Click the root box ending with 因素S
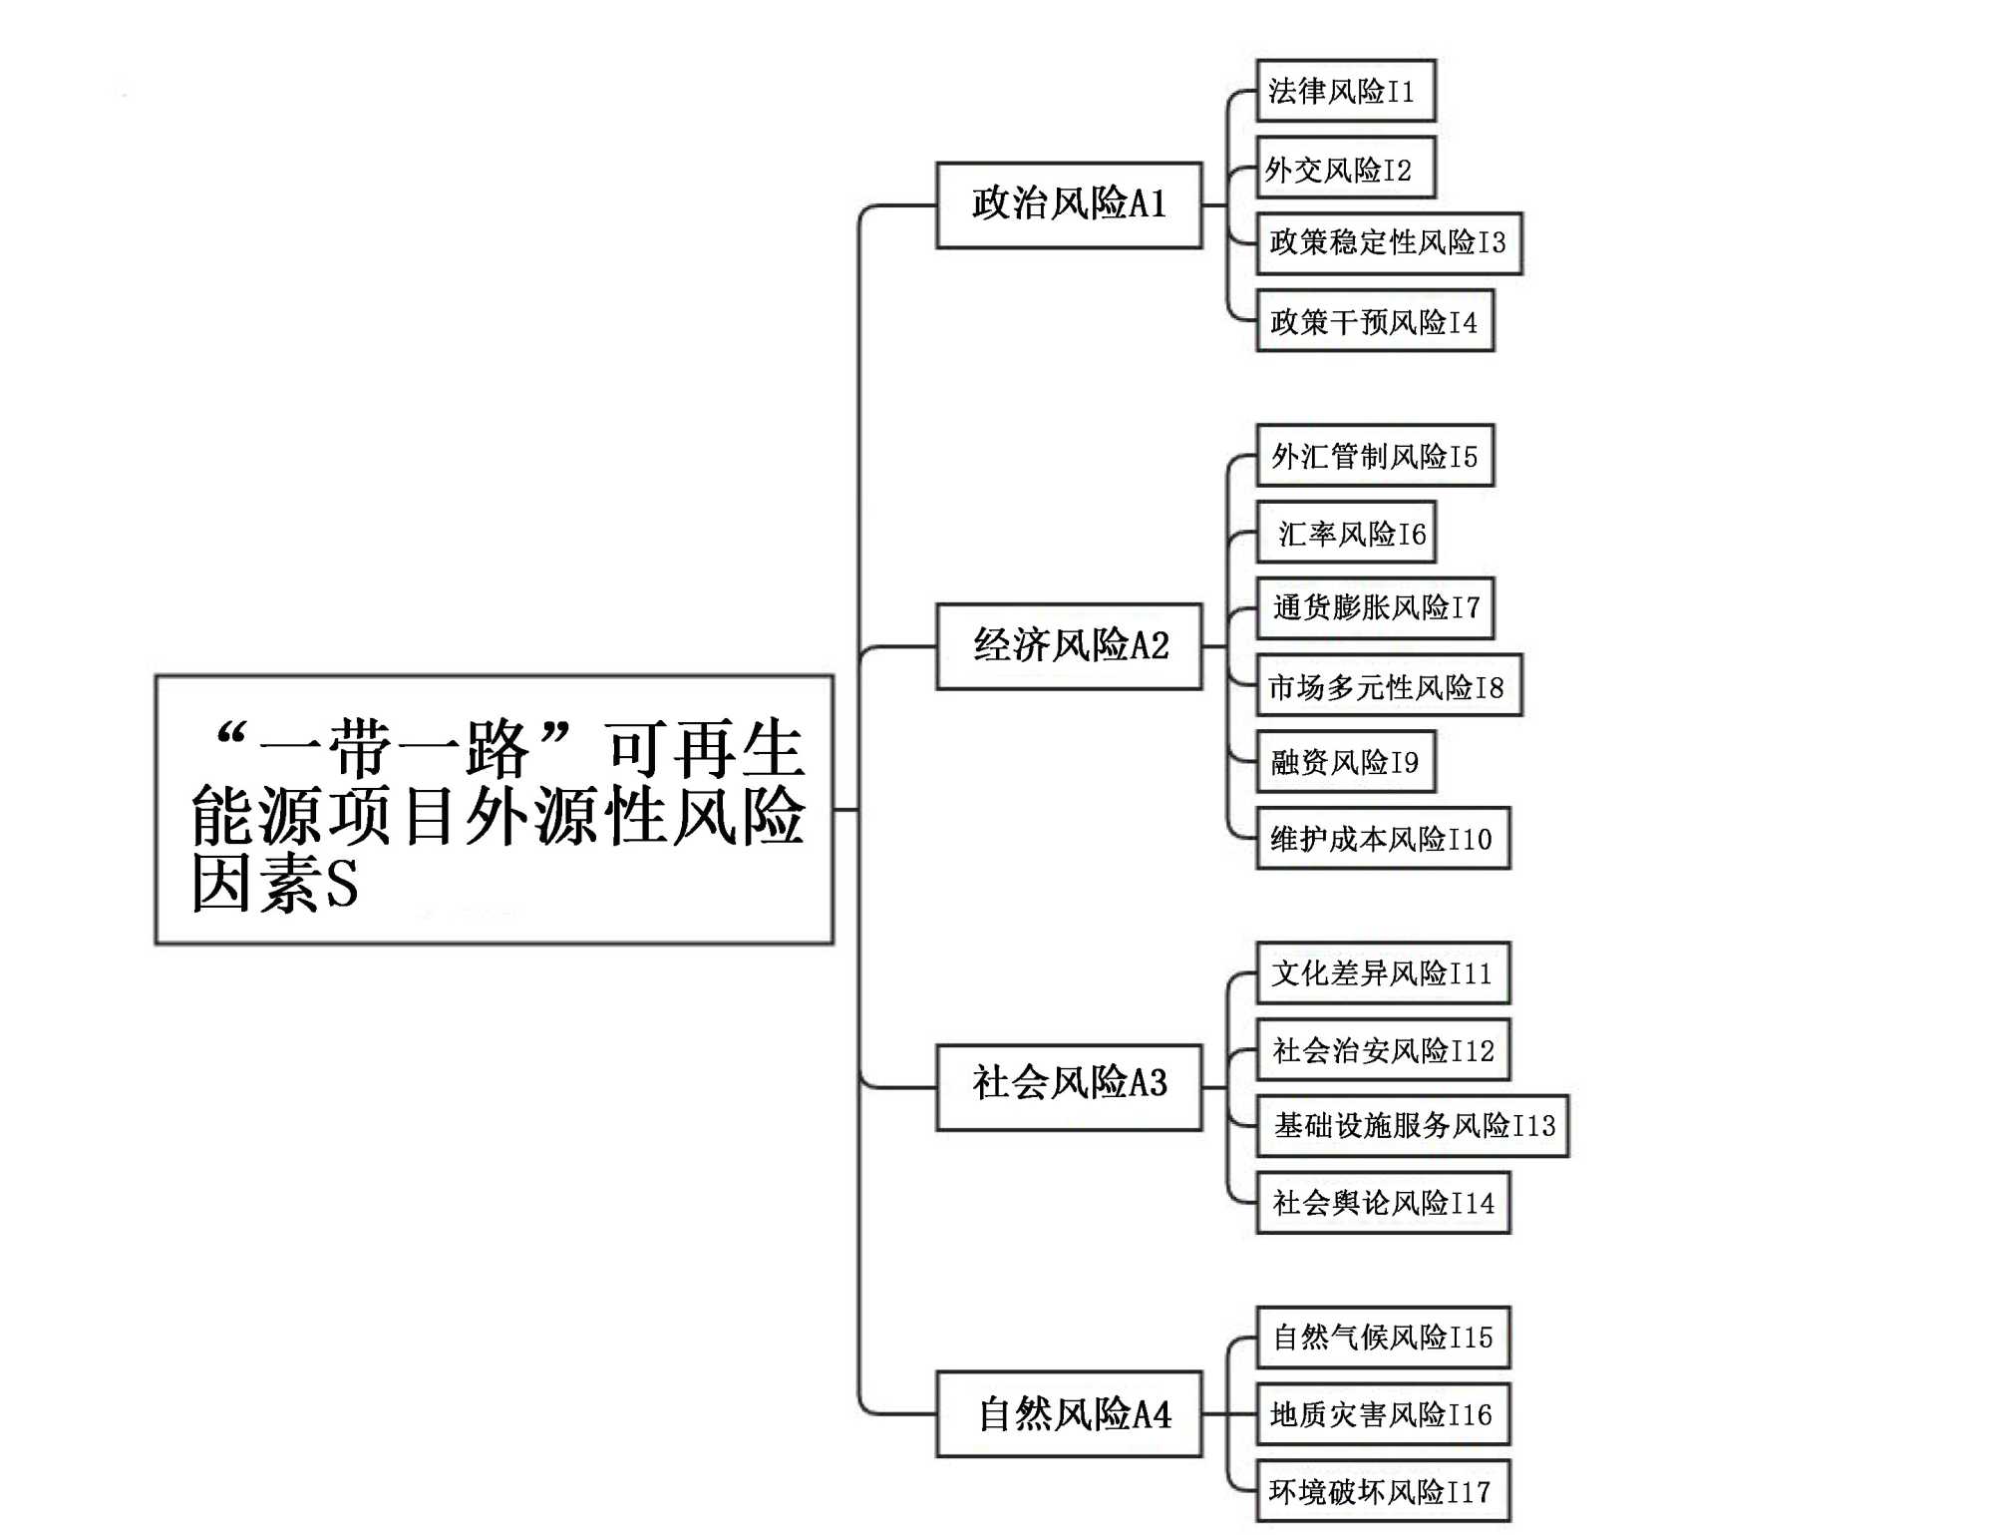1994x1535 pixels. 494,809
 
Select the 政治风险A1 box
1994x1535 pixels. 1069,205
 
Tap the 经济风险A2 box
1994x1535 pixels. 1069,646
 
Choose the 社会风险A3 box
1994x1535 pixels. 1069,1086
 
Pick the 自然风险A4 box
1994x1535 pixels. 1069,1413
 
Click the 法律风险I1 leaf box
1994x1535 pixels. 1345,91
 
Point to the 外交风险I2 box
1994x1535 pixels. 1345,168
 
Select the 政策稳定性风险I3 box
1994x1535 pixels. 1389,243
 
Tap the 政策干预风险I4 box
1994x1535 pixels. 1375,320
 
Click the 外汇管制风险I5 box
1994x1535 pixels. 1375,455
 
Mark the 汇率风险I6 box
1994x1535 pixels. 1345,532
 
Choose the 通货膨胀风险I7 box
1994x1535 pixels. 1375,607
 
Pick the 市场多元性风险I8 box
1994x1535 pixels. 1389,685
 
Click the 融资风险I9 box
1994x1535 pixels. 1345,762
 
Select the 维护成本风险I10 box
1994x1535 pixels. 1383,838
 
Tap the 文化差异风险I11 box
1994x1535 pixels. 1383,972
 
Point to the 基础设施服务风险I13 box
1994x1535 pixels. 1412,1126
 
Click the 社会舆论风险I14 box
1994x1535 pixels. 1383,1203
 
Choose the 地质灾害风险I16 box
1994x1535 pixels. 1383,1413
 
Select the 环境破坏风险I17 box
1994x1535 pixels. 1383,1490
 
